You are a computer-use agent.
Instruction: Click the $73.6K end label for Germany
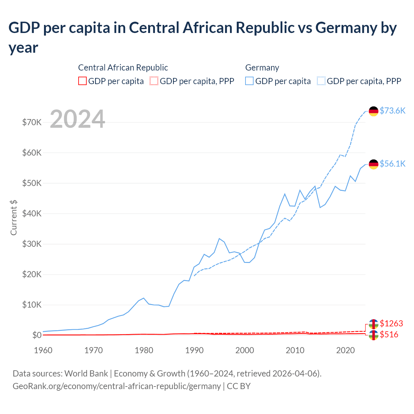point(392,111)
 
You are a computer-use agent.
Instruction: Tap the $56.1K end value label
point(392,164)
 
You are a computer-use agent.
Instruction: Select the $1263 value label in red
point(391,323)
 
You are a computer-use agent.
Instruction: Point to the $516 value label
point(389,334)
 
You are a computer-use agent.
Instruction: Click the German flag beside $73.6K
point(374,111)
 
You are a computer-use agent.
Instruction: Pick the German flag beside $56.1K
point(374,164)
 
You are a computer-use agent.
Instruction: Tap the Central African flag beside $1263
point(374,324)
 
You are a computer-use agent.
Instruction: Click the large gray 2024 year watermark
point(77,119)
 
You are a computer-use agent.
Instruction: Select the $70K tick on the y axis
point(32,122)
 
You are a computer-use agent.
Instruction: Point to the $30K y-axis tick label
point(32,244)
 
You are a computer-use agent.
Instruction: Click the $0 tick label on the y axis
point(37,335)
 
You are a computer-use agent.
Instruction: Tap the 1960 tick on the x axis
point(43,350)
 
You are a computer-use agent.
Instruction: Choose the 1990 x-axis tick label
point(194,350)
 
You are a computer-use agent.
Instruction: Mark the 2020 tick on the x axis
point(345,350)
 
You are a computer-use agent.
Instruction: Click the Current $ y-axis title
point(14,217)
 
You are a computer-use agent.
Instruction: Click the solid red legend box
point(82,81)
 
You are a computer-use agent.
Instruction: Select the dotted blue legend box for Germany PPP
point(321,81)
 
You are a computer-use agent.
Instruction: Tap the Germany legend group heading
point(262,68)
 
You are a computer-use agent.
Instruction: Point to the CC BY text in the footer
point(239,386)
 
